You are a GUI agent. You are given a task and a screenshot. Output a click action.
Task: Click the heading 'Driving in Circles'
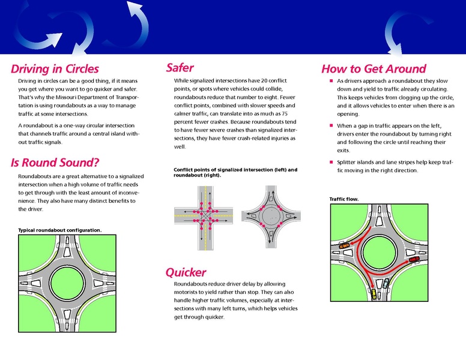pos(55,69)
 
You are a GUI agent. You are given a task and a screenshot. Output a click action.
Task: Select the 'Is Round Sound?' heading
pos(55,163)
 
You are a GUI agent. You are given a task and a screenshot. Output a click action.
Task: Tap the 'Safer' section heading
pos(180,68)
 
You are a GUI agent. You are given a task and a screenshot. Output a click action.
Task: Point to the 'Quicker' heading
pos(186,272)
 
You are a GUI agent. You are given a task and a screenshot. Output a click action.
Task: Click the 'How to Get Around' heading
pos(374,69)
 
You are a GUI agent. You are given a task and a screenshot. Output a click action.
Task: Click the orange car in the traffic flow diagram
pos(343,247)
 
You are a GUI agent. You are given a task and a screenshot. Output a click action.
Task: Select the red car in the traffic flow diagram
pos(414,259)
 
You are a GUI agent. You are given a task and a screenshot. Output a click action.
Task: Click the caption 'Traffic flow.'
pos(344,199)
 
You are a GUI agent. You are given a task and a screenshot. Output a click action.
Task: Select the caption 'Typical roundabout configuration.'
pos(59,230)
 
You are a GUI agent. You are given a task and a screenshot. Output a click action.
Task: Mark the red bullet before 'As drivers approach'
pos(331,80)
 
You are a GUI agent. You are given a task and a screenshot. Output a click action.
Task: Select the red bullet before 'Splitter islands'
pos(331,162)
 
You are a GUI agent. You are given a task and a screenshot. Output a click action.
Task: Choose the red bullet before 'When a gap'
pos(331,125)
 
